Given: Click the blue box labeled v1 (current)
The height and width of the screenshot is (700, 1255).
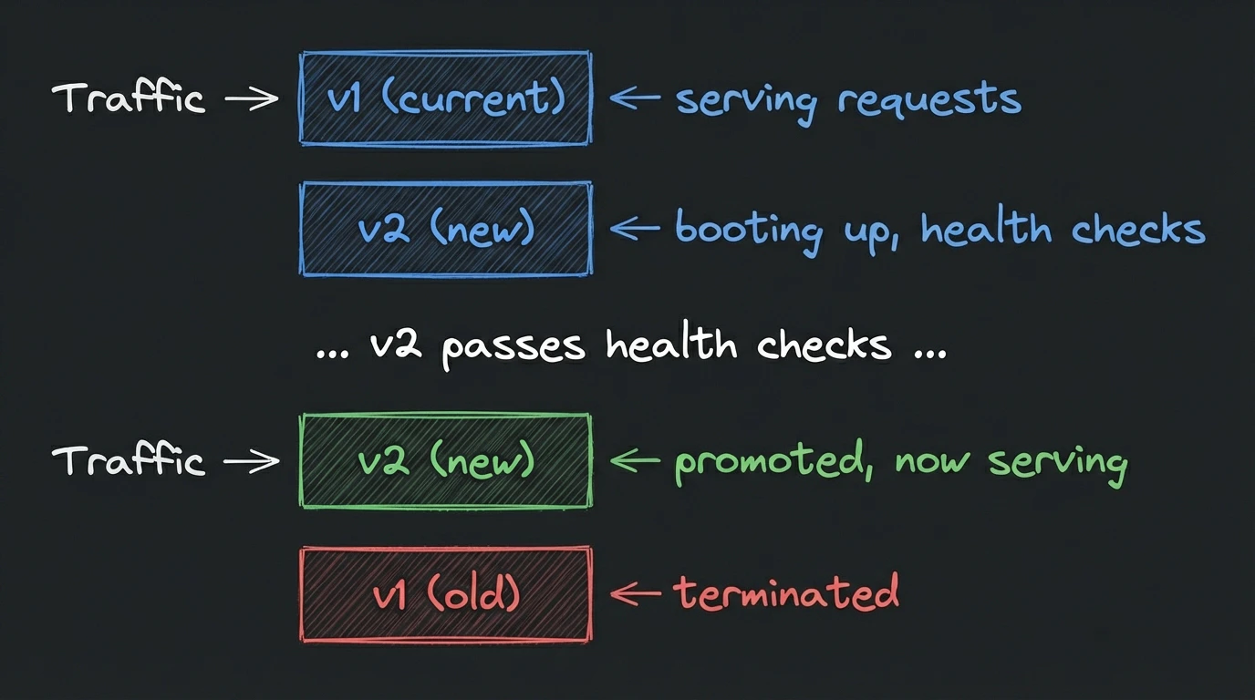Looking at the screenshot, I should click(x=445, y=98).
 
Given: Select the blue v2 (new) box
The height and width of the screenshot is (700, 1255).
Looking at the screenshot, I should click(x=445, y=229).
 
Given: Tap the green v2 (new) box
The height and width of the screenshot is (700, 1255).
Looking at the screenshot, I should click(x=445, y=461).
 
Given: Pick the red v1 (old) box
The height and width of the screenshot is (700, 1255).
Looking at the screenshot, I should click(x=445, y=594).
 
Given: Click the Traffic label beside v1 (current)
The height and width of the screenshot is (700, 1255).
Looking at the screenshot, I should click(x=128, y=98).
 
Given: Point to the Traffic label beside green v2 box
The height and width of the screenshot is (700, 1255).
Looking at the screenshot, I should click(x=128, y=460).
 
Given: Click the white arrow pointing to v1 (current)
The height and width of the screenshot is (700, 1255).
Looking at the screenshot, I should click(x=251, y=98).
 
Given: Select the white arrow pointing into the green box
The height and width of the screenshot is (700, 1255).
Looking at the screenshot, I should click(x=251, y=461).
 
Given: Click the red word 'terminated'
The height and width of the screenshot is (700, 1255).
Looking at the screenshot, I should click(x=786, y=593).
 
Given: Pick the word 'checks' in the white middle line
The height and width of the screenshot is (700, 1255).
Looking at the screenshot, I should click(x=824, y=345).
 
